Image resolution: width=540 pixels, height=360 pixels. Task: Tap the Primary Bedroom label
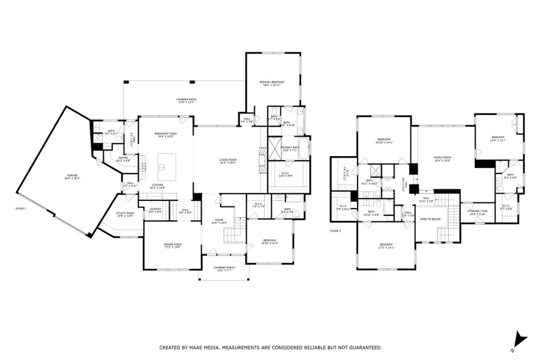coord(271,83)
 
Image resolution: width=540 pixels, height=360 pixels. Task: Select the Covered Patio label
coord(187,101)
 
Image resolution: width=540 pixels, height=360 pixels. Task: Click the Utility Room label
coord(125,214)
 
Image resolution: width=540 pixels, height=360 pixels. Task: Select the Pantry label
coord(115,160)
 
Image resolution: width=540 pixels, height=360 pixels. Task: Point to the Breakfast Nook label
coord(165,134)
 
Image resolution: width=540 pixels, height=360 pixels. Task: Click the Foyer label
coord(219,221)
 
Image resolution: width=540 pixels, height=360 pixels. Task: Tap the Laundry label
coord(155,211)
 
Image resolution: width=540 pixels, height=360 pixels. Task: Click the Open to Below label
coord(430,219)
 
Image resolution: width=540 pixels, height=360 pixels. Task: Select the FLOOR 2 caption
coord(336,230)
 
